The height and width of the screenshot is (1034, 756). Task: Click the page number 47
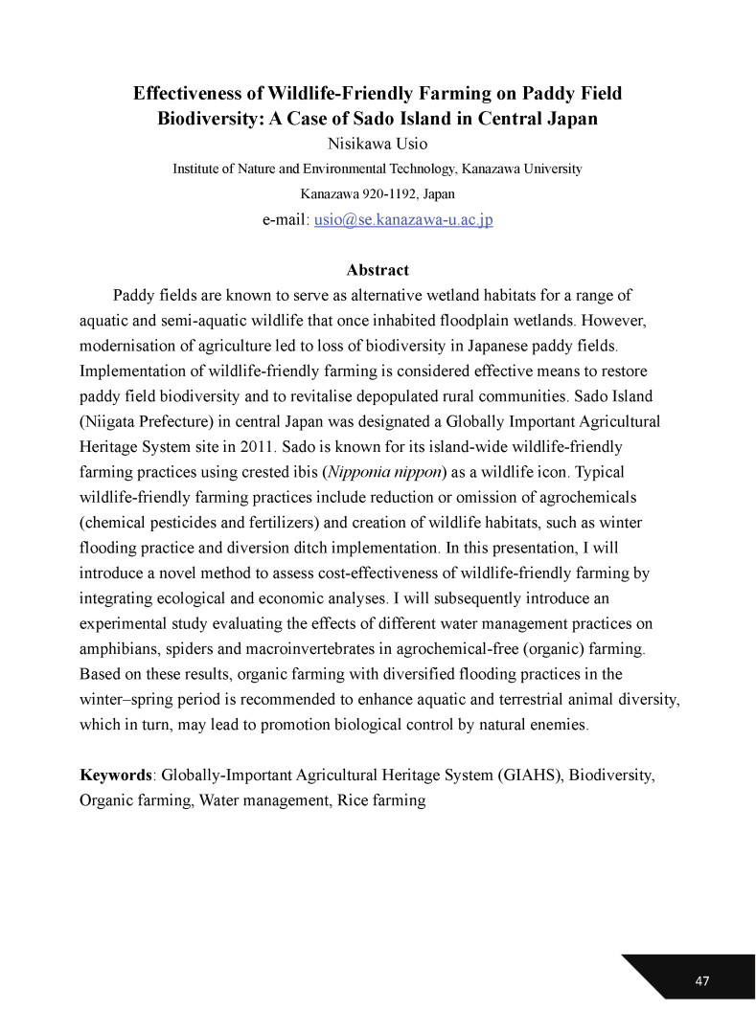[702, 980]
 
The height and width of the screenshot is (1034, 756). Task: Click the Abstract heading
[378, 270]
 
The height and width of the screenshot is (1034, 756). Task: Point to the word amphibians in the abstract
[119, 648]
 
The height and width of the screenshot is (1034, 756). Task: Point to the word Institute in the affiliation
[197, 169]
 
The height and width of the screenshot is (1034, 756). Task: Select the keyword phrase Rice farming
[380, 799]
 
